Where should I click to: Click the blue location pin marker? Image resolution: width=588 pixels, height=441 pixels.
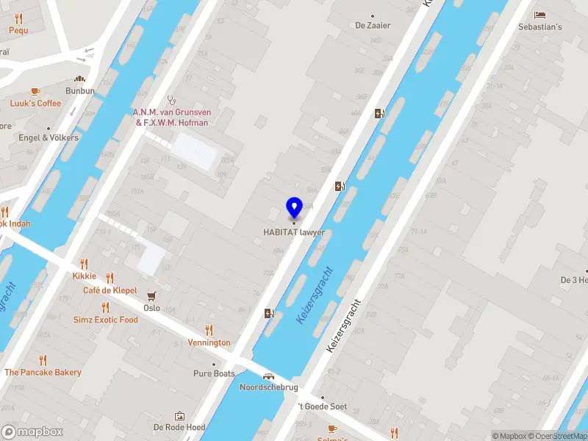(x=294, y=208)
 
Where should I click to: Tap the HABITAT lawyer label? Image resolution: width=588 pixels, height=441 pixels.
(x=294, y=232)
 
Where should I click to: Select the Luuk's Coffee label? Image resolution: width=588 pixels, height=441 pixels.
(x=35, y=104)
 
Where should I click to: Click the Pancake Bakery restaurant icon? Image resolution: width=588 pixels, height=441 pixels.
(x=43, y=360)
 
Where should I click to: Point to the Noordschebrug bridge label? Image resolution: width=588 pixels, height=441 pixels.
(x=269, y=387)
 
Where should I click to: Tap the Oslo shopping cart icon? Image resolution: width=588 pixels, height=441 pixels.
(x=152, y=296)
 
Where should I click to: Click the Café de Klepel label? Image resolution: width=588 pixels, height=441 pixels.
(x=110, y=290)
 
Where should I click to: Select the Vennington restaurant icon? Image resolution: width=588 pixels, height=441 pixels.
(x=209, y=331)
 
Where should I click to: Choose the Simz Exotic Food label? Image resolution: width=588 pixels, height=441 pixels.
(x=105, y=320)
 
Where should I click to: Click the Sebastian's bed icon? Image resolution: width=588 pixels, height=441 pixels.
(x=541, y=15)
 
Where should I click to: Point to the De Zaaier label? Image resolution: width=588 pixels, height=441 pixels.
(x=373, y=25)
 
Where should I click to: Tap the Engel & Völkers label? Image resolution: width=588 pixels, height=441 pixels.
(x=49, y=137)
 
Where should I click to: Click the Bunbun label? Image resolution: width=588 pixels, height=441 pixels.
(x=79, y=90)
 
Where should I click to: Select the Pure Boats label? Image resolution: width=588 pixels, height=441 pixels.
(x=214, y=374)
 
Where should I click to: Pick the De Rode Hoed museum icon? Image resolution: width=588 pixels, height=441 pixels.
(x=179, y=416)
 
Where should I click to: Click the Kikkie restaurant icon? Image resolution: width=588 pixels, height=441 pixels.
(x=84, y=264)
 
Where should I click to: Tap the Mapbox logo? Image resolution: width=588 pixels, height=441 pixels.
(x=31, y=432)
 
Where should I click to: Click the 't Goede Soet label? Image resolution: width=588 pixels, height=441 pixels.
(x=321, y=406)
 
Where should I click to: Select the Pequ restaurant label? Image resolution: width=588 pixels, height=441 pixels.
(x=18, y=30)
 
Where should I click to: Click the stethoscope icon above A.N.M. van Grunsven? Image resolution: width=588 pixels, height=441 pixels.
(x=172, y=99)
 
